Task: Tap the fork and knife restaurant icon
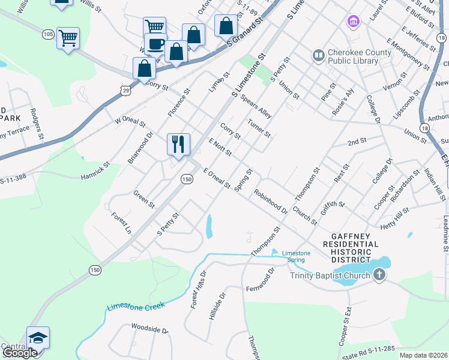click(x=178, y=144)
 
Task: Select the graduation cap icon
click(x=38, y=338)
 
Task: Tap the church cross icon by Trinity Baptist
click(x=379, y=275)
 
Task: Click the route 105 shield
click(x=48, y=35)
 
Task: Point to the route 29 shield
click(x=125, y=90)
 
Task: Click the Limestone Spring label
click(x=296, y=257)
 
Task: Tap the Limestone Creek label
click(x=135, y=307)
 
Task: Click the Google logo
click(x=19, y=353)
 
